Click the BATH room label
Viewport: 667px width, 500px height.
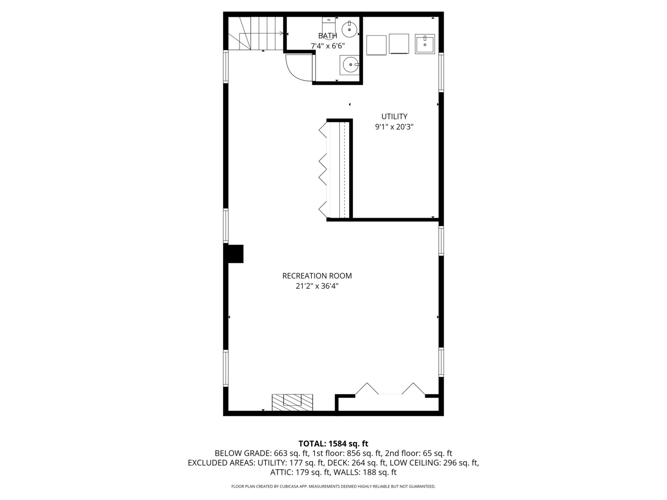point(327,36)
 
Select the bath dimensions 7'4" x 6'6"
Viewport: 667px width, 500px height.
point(327,46)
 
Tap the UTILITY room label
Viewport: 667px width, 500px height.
point(394,117)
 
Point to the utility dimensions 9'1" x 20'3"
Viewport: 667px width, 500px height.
point(394,127)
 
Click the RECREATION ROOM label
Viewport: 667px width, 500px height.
point(317,276)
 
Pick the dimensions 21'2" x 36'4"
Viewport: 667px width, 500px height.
point(317,286)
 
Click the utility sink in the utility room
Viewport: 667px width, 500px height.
point(425,45)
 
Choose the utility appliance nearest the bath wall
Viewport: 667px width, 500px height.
point(377,45)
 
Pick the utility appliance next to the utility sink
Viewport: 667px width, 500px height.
point(399,44)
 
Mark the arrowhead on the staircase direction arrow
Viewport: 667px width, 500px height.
point(282,33)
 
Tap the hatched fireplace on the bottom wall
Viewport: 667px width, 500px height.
point(292,402)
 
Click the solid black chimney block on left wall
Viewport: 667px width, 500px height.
point(235,254)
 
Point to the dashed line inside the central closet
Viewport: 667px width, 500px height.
point(344,169)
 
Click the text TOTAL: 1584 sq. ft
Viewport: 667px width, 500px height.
point(333,444)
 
